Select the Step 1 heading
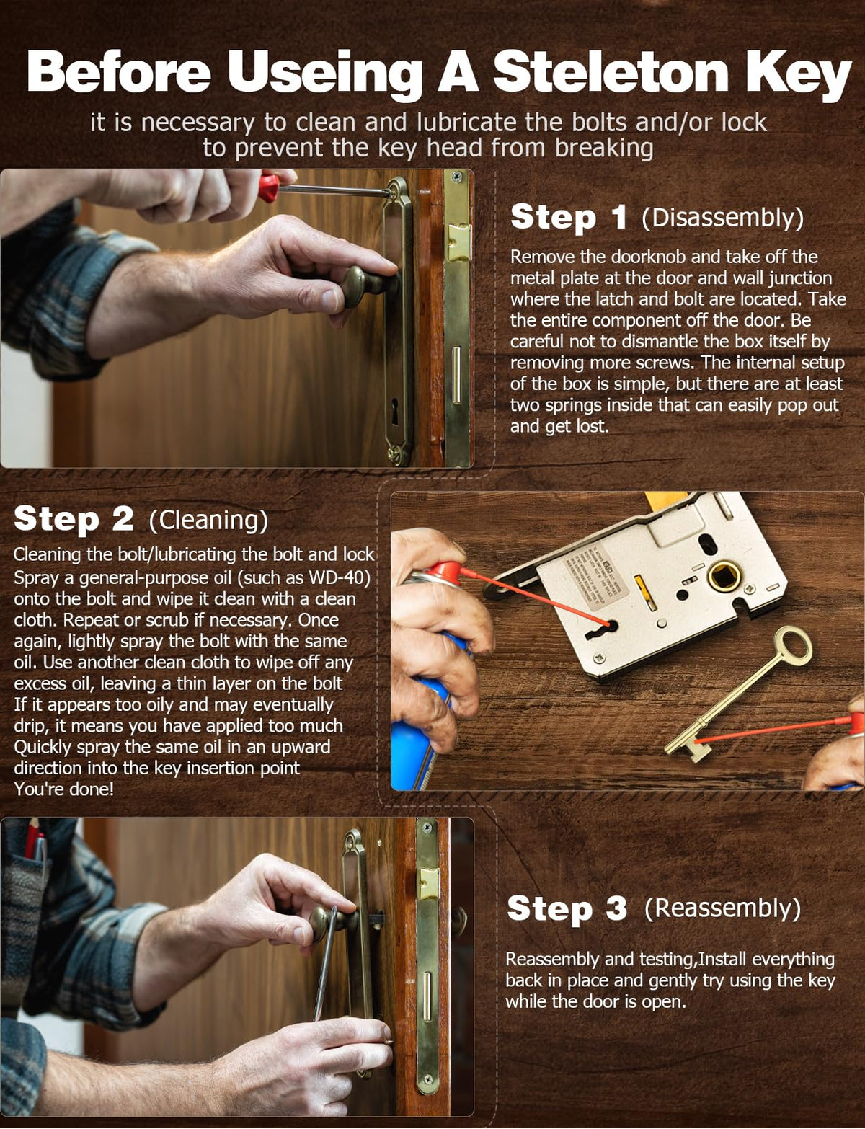click(x=569, y=217)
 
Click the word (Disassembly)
click(x=723, y=218)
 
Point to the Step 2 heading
click(x=74, y=518)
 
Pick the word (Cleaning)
click(x=208, y=520)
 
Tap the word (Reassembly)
click(x=722, y=908)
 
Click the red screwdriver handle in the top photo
click(x=269, y=188)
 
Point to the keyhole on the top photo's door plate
click(x=395, y=410)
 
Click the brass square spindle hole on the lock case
click(x=724, y=576)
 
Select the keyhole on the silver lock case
click(x=602, y=629)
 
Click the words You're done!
click(x=63, y=789)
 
